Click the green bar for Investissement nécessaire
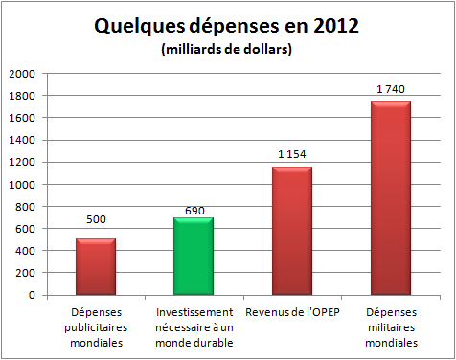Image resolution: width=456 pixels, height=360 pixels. pos(194,256)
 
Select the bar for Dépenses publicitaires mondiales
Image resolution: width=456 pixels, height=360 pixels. pos(96,266)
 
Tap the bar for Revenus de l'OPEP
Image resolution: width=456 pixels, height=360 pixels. pos(292,231)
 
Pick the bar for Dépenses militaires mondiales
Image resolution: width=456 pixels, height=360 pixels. pos(391,198)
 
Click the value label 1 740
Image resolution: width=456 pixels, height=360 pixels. pos(391,89)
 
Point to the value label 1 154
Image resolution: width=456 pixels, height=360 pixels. pos(292,154)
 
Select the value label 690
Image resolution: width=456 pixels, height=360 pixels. pos(194,211)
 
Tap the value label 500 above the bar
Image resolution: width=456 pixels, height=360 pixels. pos(96,219)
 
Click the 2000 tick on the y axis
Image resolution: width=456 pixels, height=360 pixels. pos(22,74)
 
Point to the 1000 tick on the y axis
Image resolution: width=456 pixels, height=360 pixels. pos(22,185)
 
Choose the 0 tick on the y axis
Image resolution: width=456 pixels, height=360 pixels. pos(32,295)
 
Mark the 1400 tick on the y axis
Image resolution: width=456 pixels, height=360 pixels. pos(22,140)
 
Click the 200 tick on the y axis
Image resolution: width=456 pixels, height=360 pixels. pos(25,273)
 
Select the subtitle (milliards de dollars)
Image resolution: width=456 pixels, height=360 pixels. pos(227,50)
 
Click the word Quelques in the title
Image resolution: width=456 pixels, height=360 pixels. pos(140,26)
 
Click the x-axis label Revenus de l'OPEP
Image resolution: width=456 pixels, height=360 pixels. pos(292,312)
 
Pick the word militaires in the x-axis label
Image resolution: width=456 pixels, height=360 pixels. pos(392,327)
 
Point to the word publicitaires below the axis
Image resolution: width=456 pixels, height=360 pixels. pos(96,327)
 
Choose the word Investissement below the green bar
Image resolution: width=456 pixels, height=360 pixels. pos(194,312)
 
